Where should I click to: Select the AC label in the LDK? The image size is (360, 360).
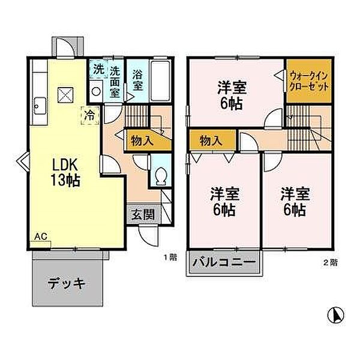click(x=40, y=236)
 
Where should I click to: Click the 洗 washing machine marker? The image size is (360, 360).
click(x=98, y=70)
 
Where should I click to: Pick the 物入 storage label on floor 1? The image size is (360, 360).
click(x=142, y=141)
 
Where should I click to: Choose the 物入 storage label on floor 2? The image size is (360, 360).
click(x=211, y=141)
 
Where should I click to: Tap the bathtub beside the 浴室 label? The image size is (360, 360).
click(x=160, y=81)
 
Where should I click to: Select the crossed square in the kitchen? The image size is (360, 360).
click(x=65, y=95)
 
